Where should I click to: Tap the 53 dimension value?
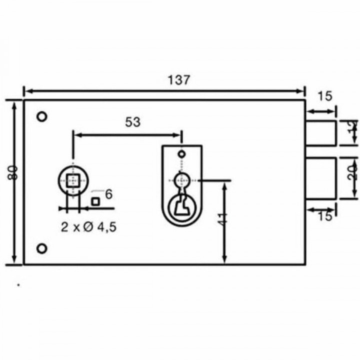pos(132,121)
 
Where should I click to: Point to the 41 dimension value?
pos(223,218)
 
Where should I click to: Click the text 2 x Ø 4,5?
pos(89,227)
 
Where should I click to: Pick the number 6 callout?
pos(109,193)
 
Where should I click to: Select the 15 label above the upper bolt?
pos(324,96)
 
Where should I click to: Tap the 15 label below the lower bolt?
pos(324,215)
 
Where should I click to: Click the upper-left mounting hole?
pos(42,117)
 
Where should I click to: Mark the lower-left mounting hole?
pos(42,248)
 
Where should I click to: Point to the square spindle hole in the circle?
pos(73,179)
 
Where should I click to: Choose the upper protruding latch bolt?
pos(321,133)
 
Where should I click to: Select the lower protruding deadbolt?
pos(321,177)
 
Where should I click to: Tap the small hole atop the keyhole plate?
pos(181,152)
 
